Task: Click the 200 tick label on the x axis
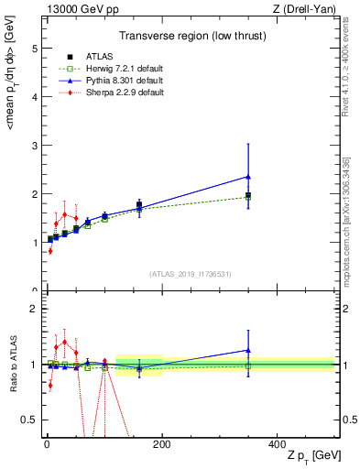click(x=161, y=443)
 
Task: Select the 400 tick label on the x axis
click(x=277, y=443)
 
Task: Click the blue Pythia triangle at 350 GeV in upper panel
click(x=248, y=177)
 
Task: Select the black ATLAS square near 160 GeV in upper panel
click(x=139, y=204)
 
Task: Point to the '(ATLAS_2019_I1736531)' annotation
click(x=190, y=274)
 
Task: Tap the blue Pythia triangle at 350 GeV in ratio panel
click(x=248, y=350)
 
